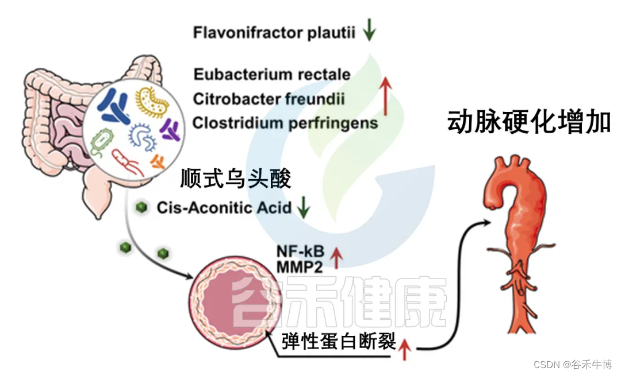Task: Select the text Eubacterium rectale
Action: [x=272, y=75]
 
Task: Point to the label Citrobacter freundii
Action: [x=269, y=99]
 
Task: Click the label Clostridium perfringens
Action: [x=285, y=123]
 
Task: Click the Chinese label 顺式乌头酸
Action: [x=236, y=179]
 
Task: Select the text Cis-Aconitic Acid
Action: [x=224, y=207]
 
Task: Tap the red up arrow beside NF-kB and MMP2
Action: [x=336, y=258]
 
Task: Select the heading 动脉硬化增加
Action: [x=528, y=122]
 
